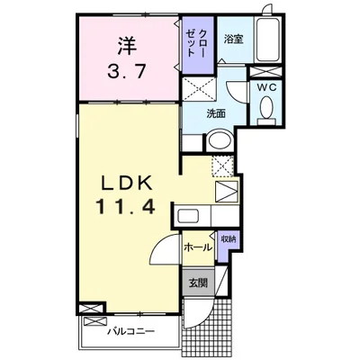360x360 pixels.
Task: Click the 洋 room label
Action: point(127,46)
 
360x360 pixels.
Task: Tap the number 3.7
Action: point(127,72)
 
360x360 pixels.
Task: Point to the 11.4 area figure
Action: point(125,207)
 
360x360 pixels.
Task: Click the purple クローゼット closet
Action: point(198,45)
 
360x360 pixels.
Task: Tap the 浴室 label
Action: point(233,40)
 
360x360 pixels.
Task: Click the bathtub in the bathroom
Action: point(268,39)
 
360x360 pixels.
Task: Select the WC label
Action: point(265,87)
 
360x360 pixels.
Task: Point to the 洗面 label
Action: point(216,114)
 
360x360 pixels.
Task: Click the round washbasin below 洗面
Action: point(220,140)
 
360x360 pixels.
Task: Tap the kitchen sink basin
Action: point(188,216)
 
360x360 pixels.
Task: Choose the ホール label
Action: point(198,247)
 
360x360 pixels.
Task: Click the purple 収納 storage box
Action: point(228,246)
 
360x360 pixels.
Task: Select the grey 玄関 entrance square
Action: point(198,283)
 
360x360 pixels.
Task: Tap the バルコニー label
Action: point(131,331)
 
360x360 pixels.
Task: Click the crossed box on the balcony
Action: point(95,321)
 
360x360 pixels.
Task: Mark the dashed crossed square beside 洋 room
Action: point(200,89)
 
